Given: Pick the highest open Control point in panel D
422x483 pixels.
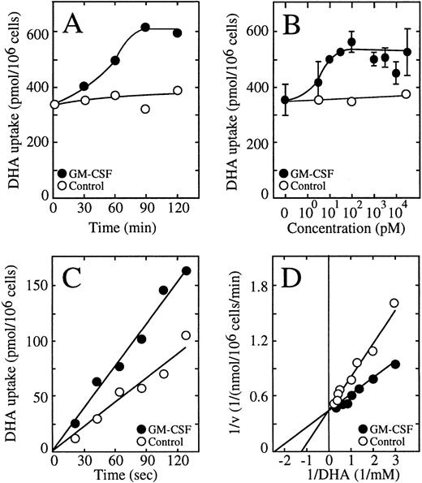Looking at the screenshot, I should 394,304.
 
